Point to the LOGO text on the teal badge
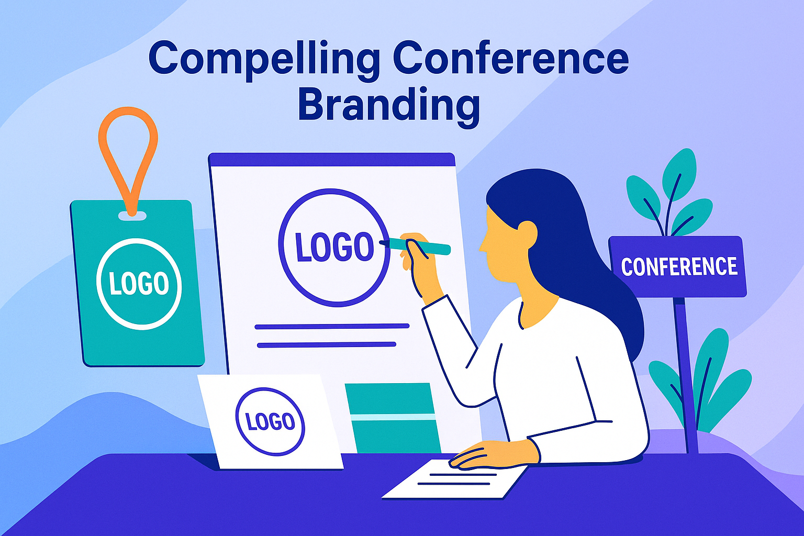(x=139, y=284)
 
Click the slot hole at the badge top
(x=132, y=215)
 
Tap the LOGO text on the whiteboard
(x=334, y=248)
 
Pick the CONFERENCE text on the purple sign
(x=679, y=267)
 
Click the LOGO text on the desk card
(x=270, y=422)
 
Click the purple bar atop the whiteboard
(x=331, y=160)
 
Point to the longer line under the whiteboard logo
(x=331, y=326)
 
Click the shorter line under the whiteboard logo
(x=326, y=344)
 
